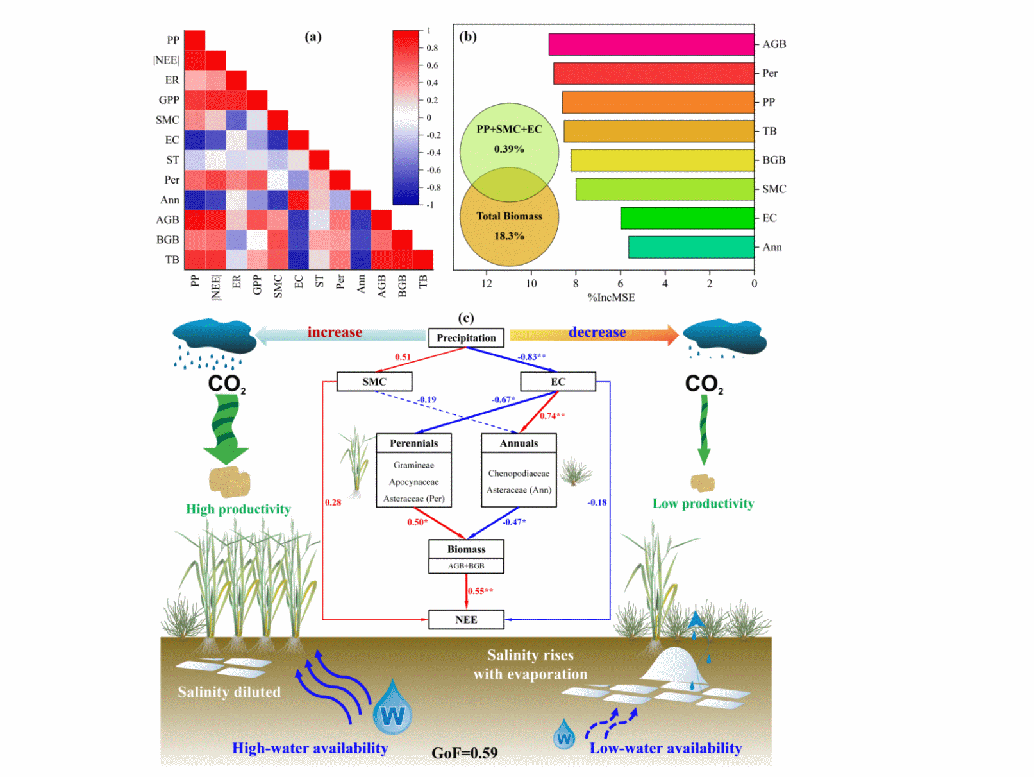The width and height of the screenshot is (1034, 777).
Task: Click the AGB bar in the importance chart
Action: click(651, 44)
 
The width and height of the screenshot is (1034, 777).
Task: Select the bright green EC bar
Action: click(687, 218)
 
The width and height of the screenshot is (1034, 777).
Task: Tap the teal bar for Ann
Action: click(690, 247)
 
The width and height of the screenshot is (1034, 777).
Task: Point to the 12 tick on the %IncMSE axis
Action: click(487, 284)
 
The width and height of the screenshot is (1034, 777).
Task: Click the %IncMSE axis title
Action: click(611, 298)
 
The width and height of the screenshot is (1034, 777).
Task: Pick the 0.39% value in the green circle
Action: click(509, 149)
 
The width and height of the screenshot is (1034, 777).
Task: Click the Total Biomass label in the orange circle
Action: click(509, 216)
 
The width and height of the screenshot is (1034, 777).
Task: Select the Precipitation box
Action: click(466, 338)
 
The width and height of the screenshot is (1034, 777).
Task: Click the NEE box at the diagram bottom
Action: click(466, 620)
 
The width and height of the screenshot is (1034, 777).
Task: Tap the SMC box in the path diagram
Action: click(374, 382)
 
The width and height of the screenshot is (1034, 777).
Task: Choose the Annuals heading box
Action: click(519, 443)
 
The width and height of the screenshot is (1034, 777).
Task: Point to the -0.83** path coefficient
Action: click(532, 357)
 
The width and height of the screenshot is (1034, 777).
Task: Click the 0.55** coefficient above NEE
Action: click(480, 591)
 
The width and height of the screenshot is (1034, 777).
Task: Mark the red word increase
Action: click(335, 332)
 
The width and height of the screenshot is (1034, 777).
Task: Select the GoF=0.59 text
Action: click(465, 753)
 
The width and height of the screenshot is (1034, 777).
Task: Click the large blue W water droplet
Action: click(392, 710)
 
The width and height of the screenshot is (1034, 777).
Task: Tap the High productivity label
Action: click(238, 509)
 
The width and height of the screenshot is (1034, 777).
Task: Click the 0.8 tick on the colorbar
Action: click(432, 48)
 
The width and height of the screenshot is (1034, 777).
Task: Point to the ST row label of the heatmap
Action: click(172, 160)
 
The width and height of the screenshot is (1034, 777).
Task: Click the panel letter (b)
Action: click(468, 37)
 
